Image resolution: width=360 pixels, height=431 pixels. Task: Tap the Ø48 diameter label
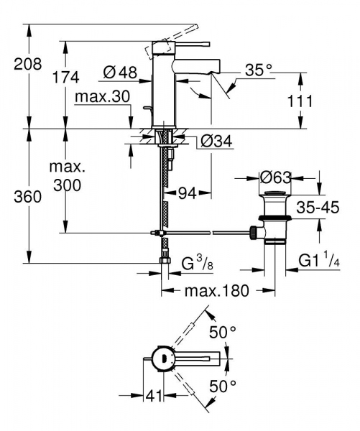pyautogui.click(x=120, y=72)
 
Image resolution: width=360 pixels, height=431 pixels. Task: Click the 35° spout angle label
pyautogui.click(x=259, y=70)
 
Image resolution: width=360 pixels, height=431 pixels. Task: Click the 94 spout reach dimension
pyautogui.click(x=188, y=193)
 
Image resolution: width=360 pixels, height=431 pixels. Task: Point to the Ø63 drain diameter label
pyautogui.click(x=275, y=176)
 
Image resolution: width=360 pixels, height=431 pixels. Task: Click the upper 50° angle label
pyautogui.click(x=223, y=332)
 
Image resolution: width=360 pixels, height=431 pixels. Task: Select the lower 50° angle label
pyautogui.click(x=223, y=386)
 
